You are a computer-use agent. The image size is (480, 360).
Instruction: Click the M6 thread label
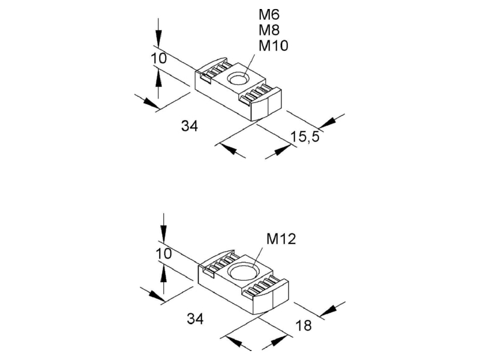pyautogui.click(x=269, y=14)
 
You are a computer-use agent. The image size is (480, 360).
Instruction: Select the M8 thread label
pyautogui.click(x=269, y=30)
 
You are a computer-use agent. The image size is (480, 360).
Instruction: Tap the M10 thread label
pyautogui.click(x=274, y=46)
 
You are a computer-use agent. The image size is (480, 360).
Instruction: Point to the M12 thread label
pyautogui.click(x=281, y=239)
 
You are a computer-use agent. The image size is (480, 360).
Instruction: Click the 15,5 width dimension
pyautogui.click(x=305, y=137)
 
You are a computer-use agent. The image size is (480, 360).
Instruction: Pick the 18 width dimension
pyautogui.click(x=304, y=325)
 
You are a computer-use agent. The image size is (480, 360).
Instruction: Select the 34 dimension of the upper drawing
pyautogui.click(x=190, y=126)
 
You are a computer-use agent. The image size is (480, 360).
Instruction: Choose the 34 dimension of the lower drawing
pyautogui.click(x=196, y=319)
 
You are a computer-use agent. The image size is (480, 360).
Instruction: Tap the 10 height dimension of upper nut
pyautogui.click(x=159, y=58)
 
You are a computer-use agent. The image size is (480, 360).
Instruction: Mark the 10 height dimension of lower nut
pyautogui.click(x=164, y=254)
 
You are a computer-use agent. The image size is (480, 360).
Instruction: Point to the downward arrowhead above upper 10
pyautogui.click(x=158, y=39)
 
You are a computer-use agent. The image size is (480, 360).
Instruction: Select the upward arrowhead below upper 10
pyautogui.click(x=158, y=77)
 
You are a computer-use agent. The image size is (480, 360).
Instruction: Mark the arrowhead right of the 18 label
pyautogui.click(x=328, y=311)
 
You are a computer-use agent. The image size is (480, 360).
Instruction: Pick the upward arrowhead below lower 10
pyautogui.click(x=164, y=274)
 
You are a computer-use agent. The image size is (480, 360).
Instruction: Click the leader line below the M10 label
pyautogui.click(x=249, y=65)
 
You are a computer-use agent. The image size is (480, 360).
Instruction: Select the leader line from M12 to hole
pyautogui.click(x=257, y=258)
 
